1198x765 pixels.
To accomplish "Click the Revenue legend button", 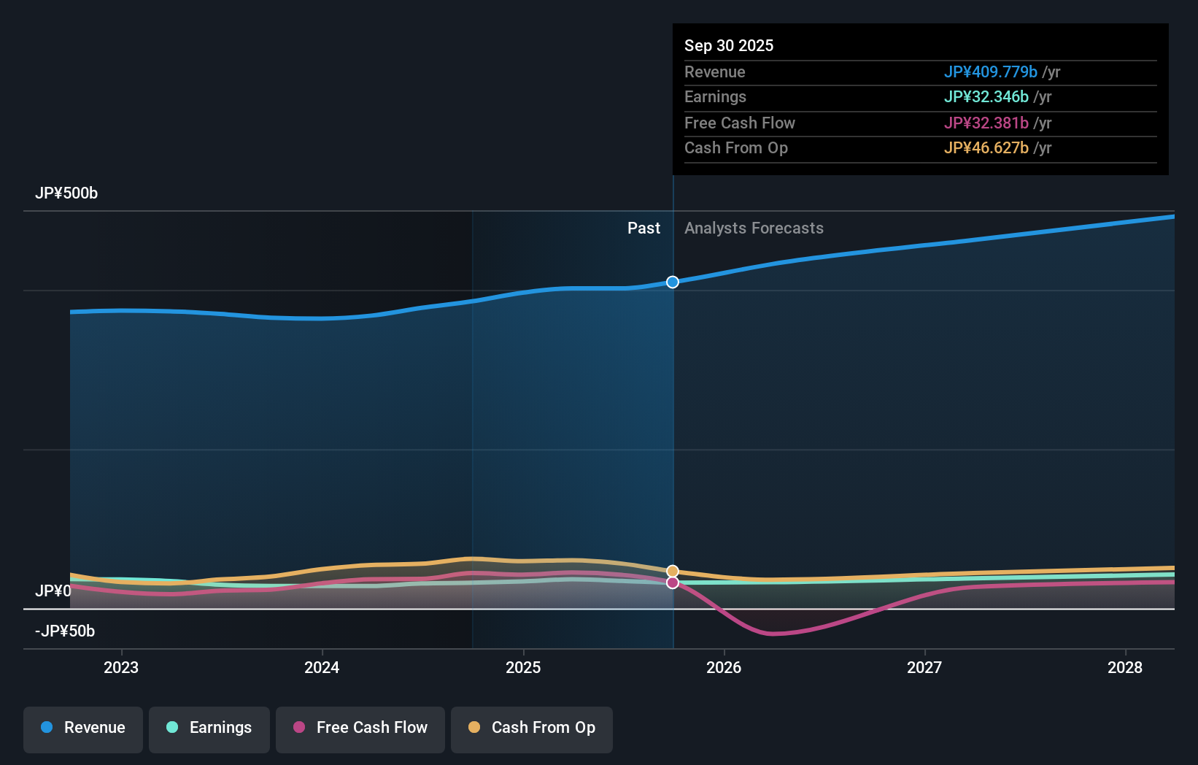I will click(83, 729).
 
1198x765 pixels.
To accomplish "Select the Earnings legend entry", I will click(209, 729).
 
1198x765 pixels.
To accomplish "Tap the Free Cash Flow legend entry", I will click(360, 729).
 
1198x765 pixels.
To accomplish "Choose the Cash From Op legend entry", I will click(532, 729).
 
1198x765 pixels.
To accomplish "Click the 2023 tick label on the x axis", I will click(121, 667).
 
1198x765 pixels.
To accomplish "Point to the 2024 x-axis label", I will click(322, 667).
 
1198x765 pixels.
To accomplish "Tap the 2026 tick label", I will click(724, 667).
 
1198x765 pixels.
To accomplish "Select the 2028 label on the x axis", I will click(1125, 667).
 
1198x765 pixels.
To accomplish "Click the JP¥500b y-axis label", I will click(66, 193).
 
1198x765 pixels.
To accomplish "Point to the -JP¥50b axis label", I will click(65, 631).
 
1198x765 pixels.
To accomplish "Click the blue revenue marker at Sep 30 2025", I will click(673, 282).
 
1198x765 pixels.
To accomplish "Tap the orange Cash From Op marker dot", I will click(673, 571).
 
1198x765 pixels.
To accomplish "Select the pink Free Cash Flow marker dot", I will click(673, 583).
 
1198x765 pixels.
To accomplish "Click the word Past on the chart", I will click(644, 228).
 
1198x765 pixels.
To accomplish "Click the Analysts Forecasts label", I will click(754, 228).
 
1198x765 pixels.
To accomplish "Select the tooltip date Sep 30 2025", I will click(729, 45).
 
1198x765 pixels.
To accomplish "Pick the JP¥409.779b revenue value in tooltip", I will click(990, 72).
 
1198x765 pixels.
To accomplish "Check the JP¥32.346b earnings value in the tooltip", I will click(986, 97).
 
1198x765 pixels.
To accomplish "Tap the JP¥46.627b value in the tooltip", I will click(986, 148).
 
